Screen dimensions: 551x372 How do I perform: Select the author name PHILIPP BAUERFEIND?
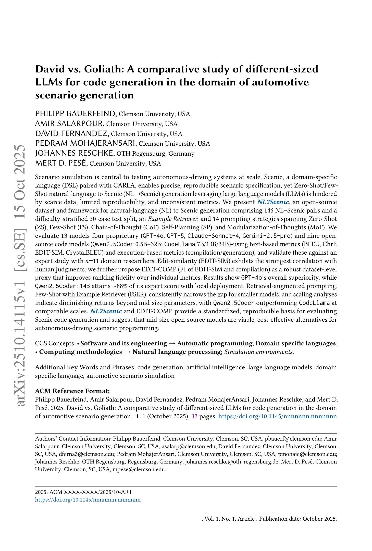coord(76,114)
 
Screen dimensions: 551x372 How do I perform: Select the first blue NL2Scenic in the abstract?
coord(273,202)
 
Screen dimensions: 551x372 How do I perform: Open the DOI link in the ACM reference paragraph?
coord(278,416)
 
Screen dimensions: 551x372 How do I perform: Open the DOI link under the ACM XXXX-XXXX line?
coord(88,499)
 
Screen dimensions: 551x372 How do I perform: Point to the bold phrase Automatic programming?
coord(215,343)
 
